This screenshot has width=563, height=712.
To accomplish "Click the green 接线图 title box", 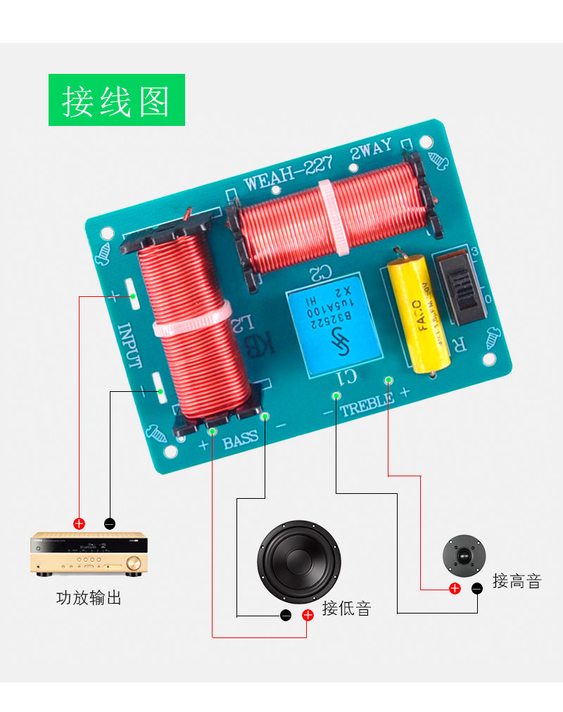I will (x=116, y=100).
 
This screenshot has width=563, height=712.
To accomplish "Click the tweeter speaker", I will (x=464, y=557).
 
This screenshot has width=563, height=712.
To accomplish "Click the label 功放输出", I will (x=89, y=599).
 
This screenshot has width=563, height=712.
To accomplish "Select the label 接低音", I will (x=346, y=609).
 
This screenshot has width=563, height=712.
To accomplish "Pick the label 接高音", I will (x=517, y=581).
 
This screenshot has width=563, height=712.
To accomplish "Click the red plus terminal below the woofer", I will (x=308, y=616).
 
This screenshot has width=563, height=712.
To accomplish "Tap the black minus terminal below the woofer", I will (x=286, y=616).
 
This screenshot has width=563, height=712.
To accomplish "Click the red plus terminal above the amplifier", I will (x=80, y=523).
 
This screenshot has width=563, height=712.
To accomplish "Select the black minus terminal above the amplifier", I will (x=109, y=523).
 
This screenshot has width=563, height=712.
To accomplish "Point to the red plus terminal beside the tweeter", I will (x=455, y=588).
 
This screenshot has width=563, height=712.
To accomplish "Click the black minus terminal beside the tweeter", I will (x=477, y=587).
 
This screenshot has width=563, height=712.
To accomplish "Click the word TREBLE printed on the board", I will (x=367, y=405).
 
